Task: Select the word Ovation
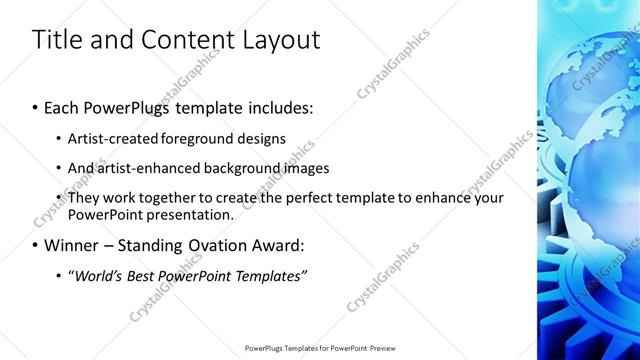(x=223, y=245)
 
